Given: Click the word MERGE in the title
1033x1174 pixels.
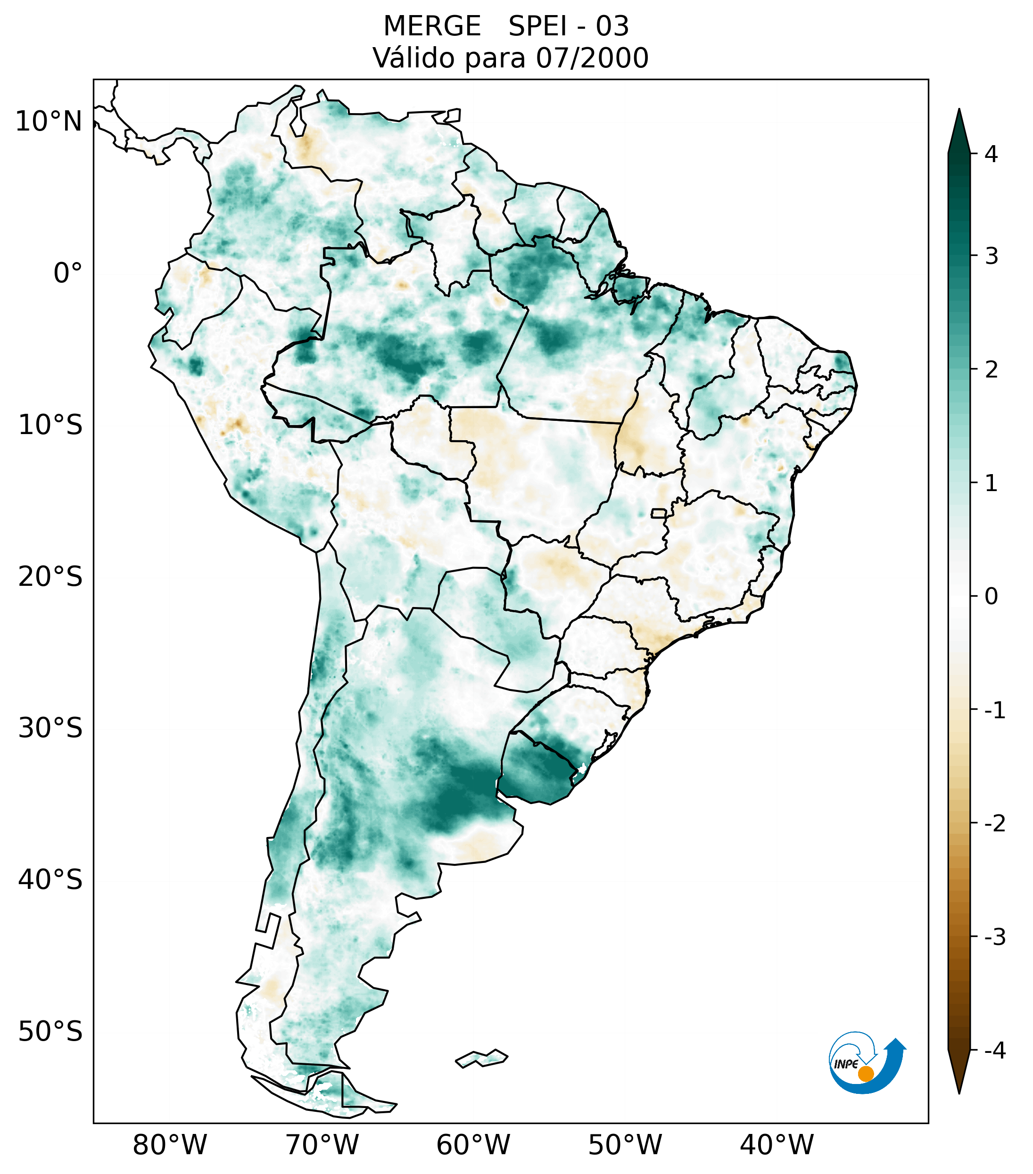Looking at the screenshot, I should click(x=431, y=26).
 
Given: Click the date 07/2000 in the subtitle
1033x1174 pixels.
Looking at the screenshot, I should click(x=592, y=58).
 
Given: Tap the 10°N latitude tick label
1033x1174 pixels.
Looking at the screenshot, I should click(x=48, y=122).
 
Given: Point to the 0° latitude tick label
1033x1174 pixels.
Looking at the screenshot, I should click(x=68, y=273).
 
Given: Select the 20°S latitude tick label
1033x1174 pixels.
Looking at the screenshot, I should click(x=50, y=577).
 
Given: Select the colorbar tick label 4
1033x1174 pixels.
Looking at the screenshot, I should click(x=991, y=154).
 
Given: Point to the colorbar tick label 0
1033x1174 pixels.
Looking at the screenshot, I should click(x=991, y=597).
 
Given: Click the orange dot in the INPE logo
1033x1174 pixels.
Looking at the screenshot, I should click(x=865, y=1074).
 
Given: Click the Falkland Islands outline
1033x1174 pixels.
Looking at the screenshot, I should click(x=481, y=1058).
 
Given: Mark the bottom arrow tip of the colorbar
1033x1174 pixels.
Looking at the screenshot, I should click(x=959, y=1092).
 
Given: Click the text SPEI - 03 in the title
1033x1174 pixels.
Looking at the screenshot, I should click(x=569, y=26).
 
